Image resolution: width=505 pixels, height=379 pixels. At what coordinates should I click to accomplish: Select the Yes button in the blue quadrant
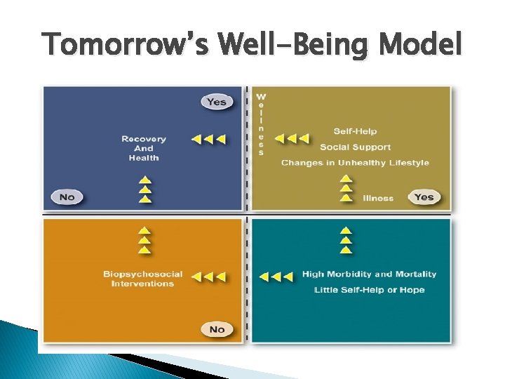(217, 102)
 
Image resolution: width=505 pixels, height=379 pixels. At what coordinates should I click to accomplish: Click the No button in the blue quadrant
(67, 197)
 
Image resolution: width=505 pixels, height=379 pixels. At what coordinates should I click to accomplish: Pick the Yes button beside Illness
(424, 197)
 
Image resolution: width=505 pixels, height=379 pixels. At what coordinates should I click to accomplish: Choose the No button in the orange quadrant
(217, 329)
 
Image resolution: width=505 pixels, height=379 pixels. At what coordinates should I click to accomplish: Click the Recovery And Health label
(144, 148)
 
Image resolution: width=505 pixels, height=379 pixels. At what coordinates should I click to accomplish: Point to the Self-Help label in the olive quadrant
(355, 131)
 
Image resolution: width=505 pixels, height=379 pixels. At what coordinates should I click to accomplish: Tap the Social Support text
(355, 147)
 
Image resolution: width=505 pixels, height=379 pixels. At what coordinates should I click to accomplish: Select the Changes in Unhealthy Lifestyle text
(355, 163)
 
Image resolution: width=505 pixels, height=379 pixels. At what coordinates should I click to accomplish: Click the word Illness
(378, 198)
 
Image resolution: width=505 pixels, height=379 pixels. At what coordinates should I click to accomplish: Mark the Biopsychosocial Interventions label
(142, 279)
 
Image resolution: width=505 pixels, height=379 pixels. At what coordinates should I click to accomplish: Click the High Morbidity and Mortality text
(369, 274)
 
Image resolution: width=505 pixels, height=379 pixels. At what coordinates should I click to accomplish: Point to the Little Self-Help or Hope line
(369, 290)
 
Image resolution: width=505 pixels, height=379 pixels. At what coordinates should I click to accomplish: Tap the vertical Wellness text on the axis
(261, 124)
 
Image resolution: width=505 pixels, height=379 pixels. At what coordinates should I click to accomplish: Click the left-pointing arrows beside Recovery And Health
(208, 139)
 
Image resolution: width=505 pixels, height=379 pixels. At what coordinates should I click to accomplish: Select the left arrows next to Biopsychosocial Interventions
(208, 277)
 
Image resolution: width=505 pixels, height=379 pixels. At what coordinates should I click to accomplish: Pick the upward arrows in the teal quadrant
(345, 240)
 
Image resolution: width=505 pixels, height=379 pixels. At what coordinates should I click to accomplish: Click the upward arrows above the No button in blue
(144, 189)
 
